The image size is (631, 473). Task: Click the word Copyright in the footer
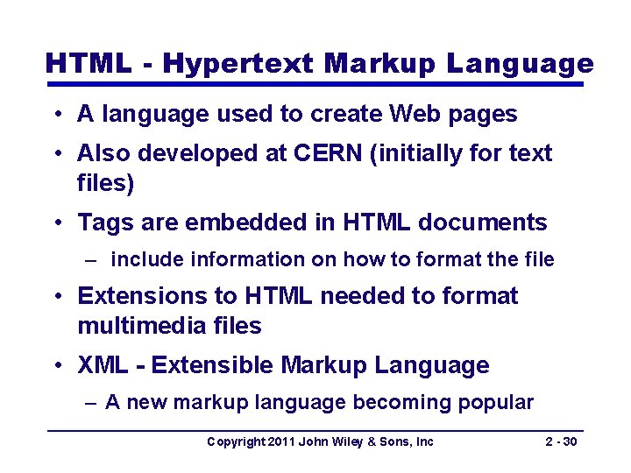coord(234,441)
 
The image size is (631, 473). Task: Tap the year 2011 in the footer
coord(280,441)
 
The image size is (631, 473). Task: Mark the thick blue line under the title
coord(315,84)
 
